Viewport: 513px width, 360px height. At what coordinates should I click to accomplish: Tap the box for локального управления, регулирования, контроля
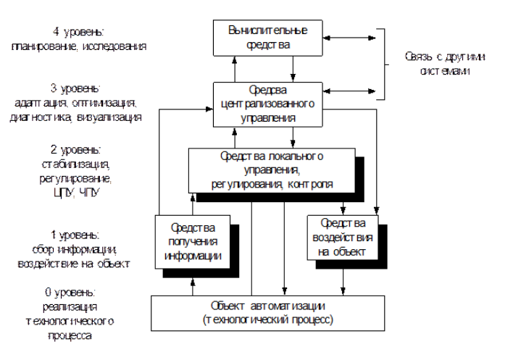(272, 169)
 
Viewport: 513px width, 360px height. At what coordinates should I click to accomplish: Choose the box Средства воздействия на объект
(341, 237)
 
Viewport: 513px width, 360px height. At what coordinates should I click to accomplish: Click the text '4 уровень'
(79, 33)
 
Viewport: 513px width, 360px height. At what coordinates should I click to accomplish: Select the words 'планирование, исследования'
(80, 46)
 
